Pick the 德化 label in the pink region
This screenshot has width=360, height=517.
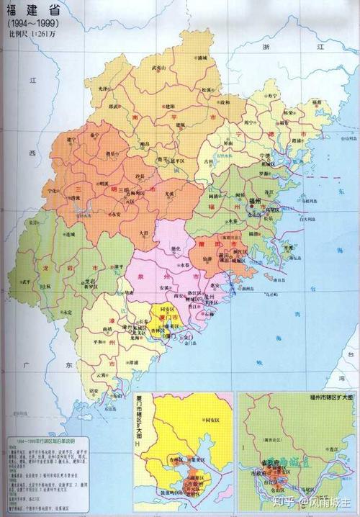[x=175, y=250]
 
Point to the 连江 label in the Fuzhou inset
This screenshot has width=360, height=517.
[x=333, y=449]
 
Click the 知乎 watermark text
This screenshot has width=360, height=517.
[x=280, y=499]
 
